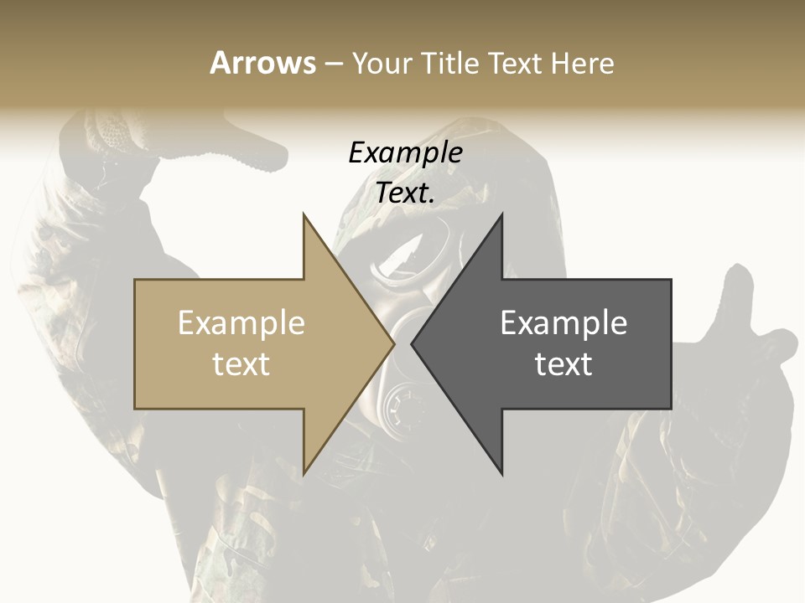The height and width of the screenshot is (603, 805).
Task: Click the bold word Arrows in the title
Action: tap(262, 63)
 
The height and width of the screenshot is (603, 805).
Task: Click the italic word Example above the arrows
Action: tap(405, 152)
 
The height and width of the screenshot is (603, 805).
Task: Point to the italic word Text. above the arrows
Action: tap(405, 193)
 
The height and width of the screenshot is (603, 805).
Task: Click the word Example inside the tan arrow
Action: tap(241, 322)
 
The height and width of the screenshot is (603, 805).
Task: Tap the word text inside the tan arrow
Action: tap(241, 363)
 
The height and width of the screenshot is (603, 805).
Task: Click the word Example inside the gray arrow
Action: tap(563, 322)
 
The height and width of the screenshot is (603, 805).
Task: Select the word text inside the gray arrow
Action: tap(563, 363)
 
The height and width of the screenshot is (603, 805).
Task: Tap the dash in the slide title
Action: tap(333, 63)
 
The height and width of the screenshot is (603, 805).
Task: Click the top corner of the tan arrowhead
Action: tap(304, 215)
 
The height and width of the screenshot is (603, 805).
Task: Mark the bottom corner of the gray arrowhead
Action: tap(502, 474)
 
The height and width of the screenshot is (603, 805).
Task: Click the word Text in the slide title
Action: tap(514, 63)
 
